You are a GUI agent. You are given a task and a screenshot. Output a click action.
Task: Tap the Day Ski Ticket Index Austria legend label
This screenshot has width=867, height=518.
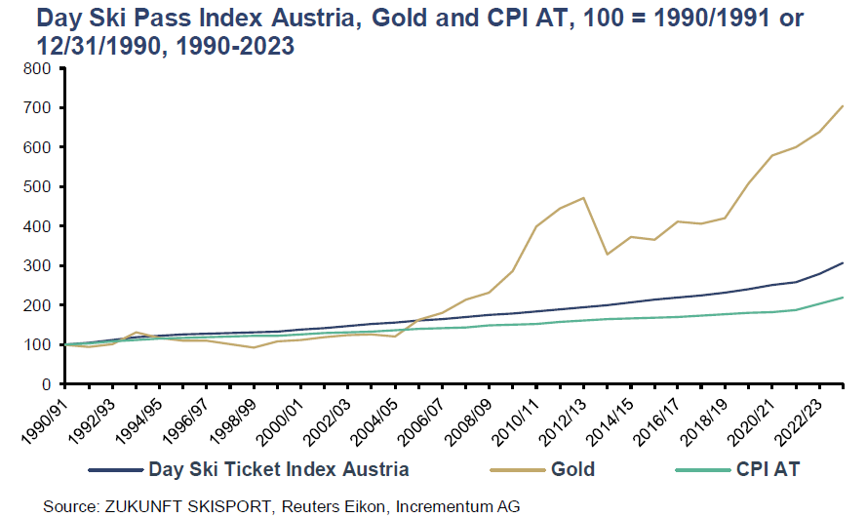click(278, 469)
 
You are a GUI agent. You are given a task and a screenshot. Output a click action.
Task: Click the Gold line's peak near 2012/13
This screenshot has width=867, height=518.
click(583, 198)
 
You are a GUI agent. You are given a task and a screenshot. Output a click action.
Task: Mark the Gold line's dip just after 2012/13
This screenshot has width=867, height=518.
click(608, 254)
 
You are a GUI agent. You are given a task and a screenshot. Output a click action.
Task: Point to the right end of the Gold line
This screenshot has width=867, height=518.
click(843, 105)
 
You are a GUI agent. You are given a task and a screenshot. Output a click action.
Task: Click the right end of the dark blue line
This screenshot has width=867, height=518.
click(843, 263)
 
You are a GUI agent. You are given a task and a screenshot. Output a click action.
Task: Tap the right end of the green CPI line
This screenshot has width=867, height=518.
click(843, 298)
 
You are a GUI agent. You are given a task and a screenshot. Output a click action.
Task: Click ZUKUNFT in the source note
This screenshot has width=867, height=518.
click(138, 505)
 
